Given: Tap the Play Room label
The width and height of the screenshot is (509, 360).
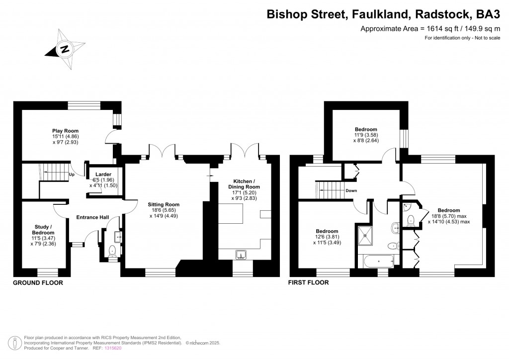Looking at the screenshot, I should click(66, 131).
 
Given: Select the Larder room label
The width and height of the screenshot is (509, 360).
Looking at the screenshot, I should click(103, 175).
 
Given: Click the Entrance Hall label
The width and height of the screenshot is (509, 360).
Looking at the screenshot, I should click(92, 217).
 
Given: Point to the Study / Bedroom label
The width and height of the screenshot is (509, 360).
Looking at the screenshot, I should click(42, 229).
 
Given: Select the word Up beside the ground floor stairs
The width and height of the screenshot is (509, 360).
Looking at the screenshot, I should click(72, 175).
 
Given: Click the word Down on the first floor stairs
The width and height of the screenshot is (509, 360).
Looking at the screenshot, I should click(351, 190).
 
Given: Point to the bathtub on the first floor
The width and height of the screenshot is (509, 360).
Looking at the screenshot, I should click(379, 260).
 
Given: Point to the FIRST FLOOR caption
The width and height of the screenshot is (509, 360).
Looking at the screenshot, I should click(308, 282).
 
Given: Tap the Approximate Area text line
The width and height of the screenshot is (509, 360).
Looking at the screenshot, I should click(430, 29).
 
